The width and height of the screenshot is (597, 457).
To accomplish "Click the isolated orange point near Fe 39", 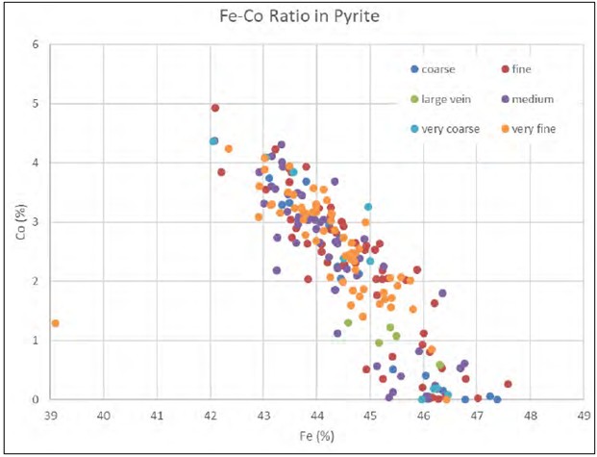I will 55,323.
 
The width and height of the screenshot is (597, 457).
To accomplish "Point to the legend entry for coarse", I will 434,69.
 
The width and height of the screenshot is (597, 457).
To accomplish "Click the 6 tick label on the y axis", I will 36,44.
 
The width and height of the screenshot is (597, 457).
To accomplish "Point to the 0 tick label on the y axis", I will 36,399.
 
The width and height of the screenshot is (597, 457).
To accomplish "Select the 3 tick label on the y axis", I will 36,222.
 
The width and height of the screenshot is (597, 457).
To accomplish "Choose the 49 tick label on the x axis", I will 583,416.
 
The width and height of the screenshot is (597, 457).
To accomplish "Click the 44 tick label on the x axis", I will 316,416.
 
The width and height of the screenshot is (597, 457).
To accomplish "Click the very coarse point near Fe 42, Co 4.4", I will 214,141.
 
